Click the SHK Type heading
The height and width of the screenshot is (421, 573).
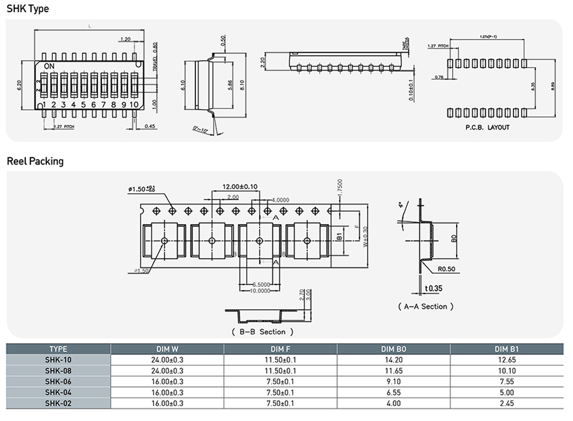coord(28,9)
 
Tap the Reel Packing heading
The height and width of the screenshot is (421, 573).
coord(35,161)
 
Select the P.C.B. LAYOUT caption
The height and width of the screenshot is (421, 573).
coord(487,127)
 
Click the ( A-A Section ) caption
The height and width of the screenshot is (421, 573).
coord(426,306)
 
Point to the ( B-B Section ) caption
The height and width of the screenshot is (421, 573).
coord(262,332)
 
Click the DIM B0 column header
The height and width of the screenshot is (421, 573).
coord(394,349)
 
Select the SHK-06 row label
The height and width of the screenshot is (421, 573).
coord(58,381)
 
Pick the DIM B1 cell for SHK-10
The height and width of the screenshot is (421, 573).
coord(507,360)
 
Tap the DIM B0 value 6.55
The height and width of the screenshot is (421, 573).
coord(394,392)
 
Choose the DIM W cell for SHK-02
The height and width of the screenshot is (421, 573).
coord(167,403)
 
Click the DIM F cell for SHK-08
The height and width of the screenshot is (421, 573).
coord(280,371)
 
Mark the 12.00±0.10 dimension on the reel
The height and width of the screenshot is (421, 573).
coord(240,186)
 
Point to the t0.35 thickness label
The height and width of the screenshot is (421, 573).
coord(434,288)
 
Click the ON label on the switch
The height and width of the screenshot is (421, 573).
coord(49,67)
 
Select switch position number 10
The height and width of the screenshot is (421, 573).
coord(134,105)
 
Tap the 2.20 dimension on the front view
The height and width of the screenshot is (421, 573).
coord(262,62)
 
